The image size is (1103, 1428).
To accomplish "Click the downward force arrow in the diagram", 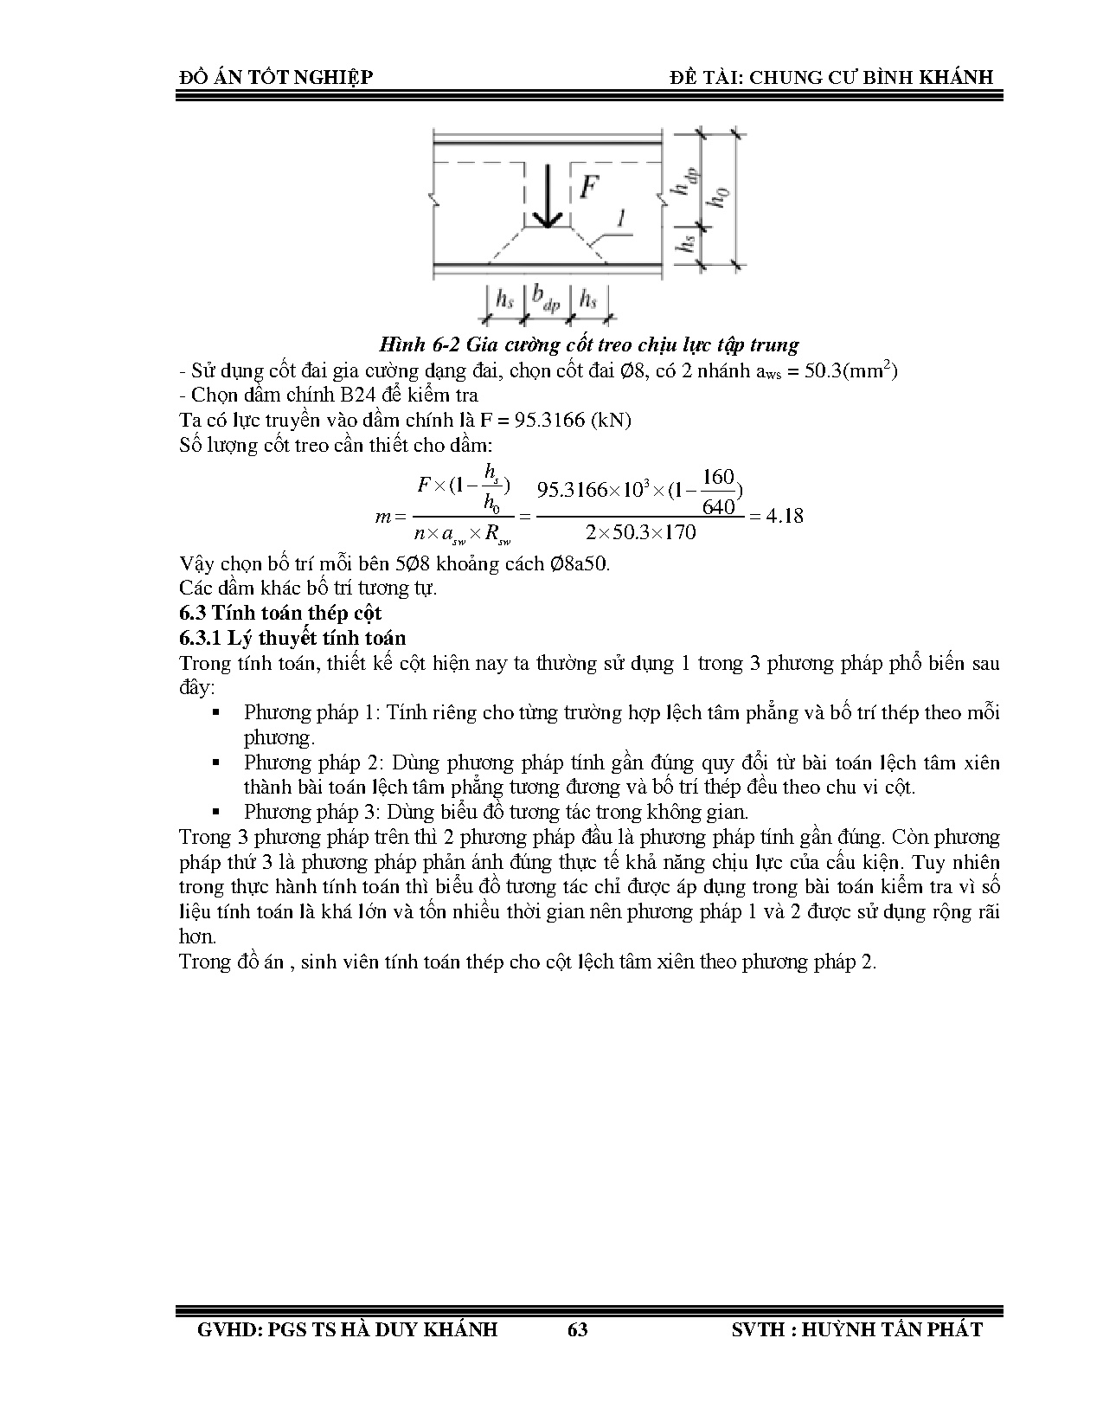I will (546, 197).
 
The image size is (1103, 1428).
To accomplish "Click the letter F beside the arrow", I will (589, 187).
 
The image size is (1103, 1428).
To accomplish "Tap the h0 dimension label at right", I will (718, 198).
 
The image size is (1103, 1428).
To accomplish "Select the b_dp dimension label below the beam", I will (546, 299).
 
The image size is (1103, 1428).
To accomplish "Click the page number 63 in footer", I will (577, 1329).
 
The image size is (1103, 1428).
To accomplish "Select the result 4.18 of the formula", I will (785, 516).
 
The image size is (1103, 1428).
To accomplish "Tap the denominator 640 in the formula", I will (718, 506).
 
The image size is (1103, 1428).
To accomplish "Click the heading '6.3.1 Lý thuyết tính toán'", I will (292, 638).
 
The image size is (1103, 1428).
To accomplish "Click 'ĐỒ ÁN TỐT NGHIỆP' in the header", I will (276, 77).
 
